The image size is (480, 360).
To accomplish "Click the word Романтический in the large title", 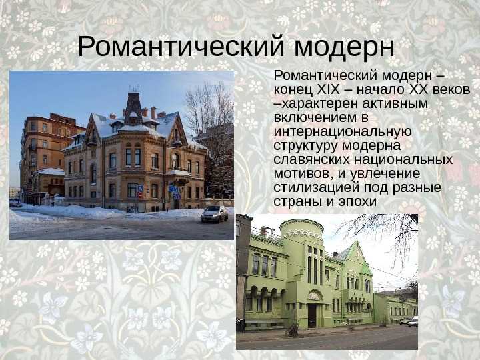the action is (x=181, y=46).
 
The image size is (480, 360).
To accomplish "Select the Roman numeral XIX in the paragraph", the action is (x=329, y=89).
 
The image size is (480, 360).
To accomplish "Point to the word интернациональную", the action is (x=343, y=131).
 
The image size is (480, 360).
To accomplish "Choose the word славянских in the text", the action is (x=311, y=159).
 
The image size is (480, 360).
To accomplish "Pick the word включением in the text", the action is (x=315, y=117).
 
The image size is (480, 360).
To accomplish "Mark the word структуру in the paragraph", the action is (x=305, y=146).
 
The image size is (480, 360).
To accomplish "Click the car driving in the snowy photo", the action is (x=215, y=214).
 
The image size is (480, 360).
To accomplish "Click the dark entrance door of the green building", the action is (x=312, y=315).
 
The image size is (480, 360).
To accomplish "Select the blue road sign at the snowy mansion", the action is (x=173, y=189).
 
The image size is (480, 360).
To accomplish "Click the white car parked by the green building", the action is (x=413, y=321).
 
